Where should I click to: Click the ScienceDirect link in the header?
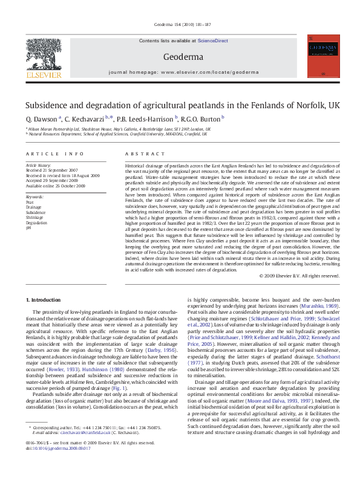(212, 40)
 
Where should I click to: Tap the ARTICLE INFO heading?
(54, 154)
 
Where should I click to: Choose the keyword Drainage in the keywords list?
(33, 208)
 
